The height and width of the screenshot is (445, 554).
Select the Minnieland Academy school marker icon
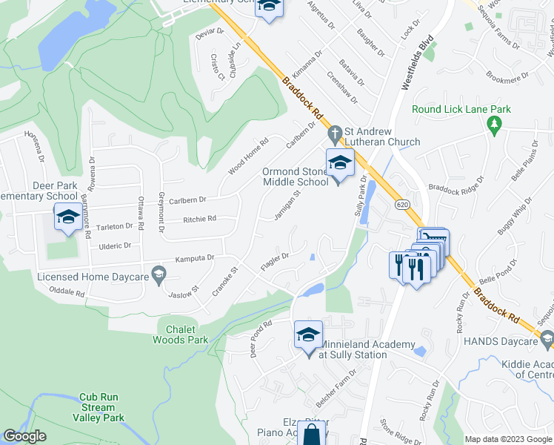pyautogui.click(x=308, y=336)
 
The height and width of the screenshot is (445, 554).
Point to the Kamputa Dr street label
pyautogui.click(x=194, y=258)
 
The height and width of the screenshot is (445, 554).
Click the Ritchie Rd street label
pyautogui.click(x=200, y=219)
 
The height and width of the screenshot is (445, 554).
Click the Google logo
pyautogui.click(x=24, y=436)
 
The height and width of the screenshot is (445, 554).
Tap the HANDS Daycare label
pyautogui.click(x=505, y=340)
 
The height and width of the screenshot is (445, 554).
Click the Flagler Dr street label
pyautogui.click(x=274, y=261)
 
